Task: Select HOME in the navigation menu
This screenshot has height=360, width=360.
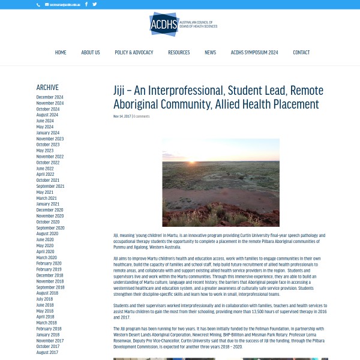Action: (61, 53)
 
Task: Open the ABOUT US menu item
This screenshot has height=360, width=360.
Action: (91, 53)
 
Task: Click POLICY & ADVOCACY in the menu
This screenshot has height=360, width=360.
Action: (134, 53)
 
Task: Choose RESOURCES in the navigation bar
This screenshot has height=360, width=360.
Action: (179, 53)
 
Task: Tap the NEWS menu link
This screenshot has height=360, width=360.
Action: (210, 53)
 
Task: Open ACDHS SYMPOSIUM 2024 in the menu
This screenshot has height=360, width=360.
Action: (254, 53)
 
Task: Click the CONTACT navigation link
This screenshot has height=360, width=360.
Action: (301, 53)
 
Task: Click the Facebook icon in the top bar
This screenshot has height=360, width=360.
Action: (86, 4)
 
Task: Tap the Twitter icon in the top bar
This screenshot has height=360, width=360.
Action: (95, 4)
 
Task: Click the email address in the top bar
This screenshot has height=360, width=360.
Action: (65, 4)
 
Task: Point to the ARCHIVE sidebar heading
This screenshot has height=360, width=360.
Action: (47, 88)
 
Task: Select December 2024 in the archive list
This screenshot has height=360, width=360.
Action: (50, 97)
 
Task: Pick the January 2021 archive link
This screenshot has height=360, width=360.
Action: (48, 204)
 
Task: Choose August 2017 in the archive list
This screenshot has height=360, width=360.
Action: (47, 352)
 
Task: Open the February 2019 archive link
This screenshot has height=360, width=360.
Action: (49, 269)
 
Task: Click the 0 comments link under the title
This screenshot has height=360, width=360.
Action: (142, 116)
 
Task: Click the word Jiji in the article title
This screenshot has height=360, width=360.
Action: (122, 91)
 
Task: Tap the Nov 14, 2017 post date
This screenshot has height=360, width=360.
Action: (122, 116)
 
